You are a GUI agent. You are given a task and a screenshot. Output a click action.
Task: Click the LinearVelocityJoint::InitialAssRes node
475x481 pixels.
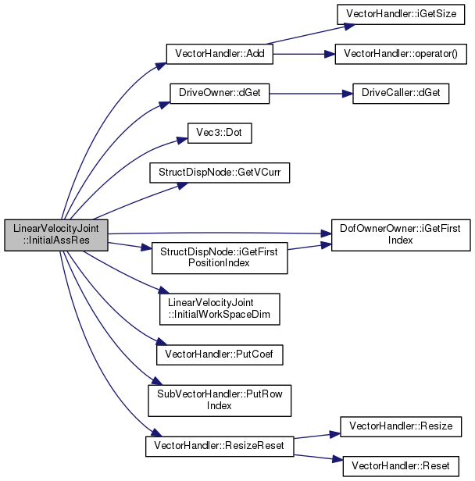[x=56, y=235]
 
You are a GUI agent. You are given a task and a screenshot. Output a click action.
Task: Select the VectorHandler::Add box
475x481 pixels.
[x=220, y=54]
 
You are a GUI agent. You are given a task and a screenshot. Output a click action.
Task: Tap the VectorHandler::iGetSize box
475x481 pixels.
[x=401, y=14]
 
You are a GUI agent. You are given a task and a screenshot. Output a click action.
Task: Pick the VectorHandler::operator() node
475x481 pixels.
[x=401, y=54]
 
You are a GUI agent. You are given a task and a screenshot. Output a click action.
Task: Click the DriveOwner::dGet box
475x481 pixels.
[x=220, y=93]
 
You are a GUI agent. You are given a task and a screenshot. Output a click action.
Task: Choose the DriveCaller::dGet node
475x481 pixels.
[x=401, y=93]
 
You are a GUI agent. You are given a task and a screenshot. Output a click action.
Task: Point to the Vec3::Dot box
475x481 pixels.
[x=220, y=133]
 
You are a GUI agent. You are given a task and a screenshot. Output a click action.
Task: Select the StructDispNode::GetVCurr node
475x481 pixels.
[x=220, y=173]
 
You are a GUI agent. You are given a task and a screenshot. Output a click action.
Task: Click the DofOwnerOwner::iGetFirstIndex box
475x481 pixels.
[x=401, y=235]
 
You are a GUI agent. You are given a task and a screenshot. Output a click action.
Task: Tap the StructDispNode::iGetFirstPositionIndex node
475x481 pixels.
[x=220, y=258]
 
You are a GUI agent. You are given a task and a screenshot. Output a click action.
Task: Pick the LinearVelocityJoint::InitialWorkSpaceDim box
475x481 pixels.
[x=220, y=309]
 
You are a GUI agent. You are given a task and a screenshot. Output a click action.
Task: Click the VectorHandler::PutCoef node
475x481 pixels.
[x=220, y=355]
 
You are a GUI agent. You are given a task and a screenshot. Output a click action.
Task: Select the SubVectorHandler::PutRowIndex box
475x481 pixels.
[x=220, y=401]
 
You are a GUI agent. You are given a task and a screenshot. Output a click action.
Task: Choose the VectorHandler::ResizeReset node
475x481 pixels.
[x=220, y=447]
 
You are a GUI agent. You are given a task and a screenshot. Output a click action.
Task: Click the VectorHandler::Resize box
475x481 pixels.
[x=401, y=426]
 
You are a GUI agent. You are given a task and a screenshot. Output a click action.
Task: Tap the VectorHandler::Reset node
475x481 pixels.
[x=401, y=466]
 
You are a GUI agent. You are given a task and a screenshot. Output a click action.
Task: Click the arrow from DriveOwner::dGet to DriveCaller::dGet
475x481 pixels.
[x=311, y=94]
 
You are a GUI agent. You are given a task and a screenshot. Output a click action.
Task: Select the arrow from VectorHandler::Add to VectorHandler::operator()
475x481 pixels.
[x=304, y=55]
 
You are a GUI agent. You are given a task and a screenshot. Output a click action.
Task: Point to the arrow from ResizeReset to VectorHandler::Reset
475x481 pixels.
[x=318, y=458]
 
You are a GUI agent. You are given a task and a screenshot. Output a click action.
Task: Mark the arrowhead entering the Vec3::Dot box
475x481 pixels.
[x=182, y=141]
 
